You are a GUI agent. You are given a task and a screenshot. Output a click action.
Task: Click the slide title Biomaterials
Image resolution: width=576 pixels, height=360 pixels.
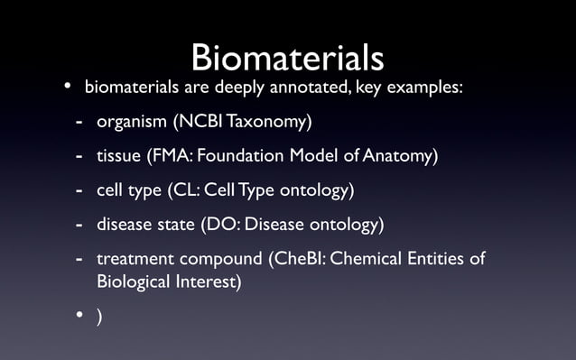[287, 58]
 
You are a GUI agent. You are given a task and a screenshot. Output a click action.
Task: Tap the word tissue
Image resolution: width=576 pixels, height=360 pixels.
[119, 157]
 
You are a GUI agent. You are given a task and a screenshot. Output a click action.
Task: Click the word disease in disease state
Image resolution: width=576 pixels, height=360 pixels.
[125, 224]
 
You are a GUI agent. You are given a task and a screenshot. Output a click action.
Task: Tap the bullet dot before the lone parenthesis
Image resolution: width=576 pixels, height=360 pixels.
[79, 316]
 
